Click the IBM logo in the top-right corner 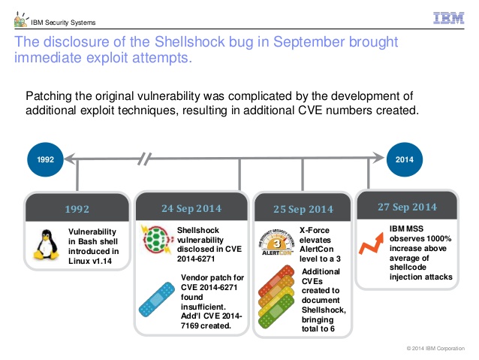pos(448,18)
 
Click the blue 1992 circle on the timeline pos(45,159)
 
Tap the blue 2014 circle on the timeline pos(405,159)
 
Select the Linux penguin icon pos(46,245)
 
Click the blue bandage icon pos(157,299)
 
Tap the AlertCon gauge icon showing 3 pos(277,243)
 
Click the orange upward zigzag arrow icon pos(371,244)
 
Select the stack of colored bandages pos(276,297)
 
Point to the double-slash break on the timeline pos(144,159)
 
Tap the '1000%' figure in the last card pos(438,238)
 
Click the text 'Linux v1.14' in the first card pos(90,261)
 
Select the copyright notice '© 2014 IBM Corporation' pos(435,349)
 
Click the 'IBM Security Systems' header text pos(63,23)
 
